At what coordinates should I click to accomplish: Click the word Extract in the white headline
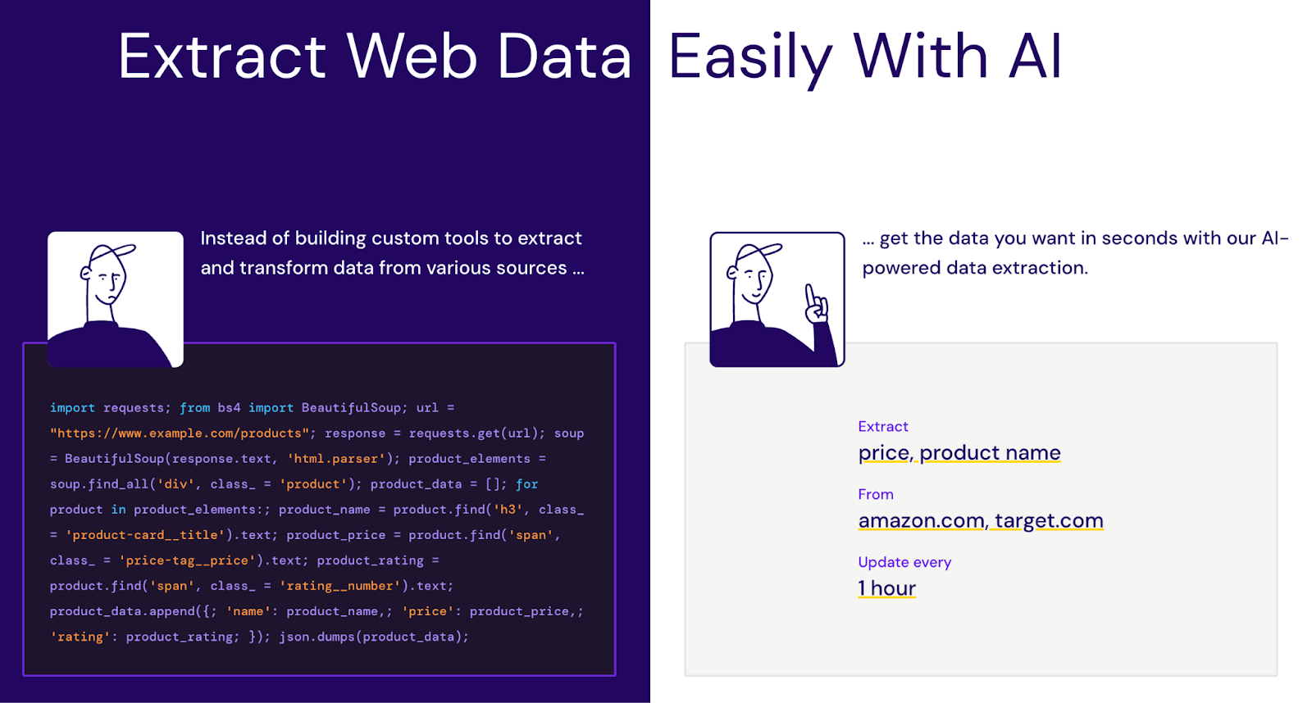(x=221, y=57)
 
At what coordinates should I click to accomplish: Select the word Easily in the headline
(x=750, y=57)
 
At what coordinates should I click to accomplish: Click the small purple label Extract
(x=882, y=426)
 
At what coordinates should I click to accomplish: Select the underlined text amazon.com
(x=921, y=520)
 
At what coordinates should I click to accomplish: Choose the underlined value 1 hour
(x=886, y=588)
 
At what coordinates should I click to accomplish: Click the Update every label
(x=904, y=562)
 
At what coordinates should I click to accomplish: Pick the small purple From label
(x=875, y=494)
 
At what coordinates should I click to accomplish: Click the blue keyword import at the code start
(x=72, y=408)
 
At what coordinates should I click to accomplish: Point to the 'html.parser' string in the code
(x=336, y=459)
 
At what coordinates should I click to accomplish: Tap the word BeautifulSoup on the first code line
(x=351, y=408)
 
